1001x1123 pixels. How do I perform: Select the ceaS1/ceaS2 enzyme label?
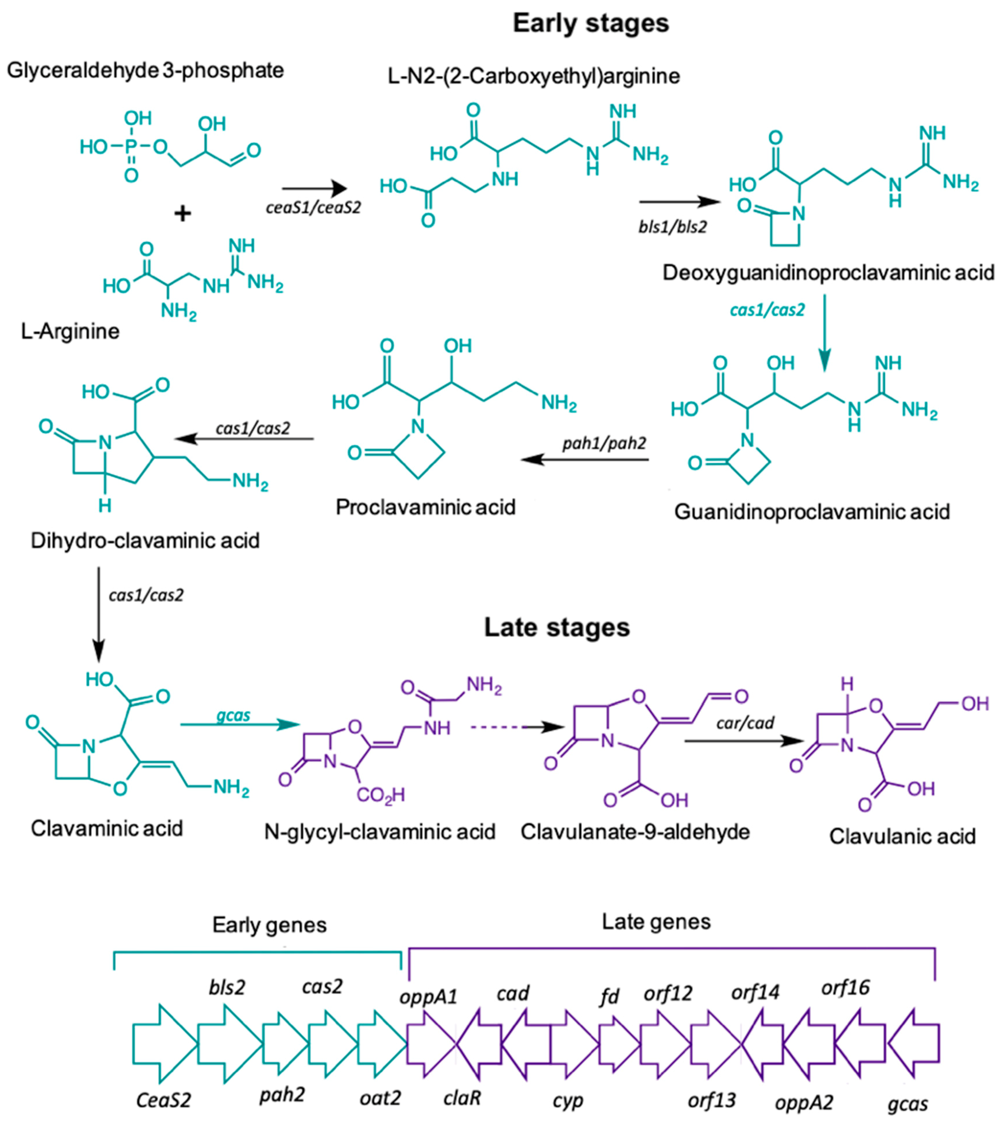coord(313,208)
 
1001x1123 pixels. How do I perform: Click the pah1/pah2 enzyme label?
coord(604,443)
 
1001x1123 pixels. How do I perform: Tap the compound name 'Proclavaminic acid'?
coord(426,507)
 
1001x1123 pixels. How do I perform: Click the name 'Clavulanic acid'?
coord(902,836)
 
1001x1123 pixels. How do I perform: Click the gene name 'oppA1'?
coord(428,997)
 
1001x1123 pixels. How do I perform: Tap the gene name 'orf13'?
coord(712,1100)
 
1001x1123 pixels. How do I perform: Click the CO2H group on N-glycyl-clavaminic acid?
coord(381,795)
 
